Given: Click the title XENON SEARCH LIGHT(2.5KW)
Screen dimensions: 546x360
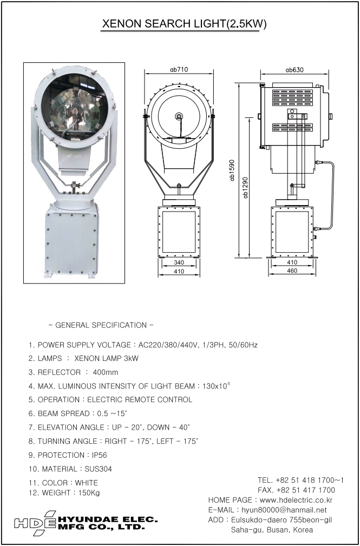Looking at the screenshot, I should click(184, 24).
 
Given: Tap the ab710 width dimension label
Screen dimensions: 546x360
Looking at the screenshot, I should click(179, 69).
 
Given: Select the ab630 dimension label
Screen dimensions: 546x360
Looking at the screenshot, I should click(294, 69).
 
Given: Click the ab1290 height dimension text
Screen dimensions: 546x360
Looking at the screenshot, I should click(246, 187).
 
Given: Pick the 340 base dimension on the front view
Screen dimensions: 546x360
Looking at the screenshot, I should click(179, 262).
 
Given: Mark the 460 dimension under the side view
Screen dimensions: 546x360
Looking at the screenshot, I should click(292, 271).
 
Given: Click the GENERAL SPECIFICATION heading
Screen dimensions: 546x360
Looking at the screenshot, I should click(101, 325).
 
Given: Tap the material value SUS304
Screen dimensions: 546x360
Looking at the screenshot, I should click(99, 469).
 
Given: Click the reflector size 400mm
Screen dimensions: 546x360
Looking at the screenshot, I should click(106, 372).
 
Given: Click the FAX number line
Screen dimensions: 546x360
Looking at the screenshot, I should click(296, 490).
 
